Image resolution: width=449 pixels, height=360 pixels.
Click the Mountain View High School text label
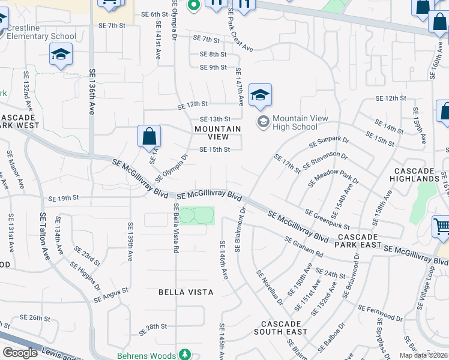[300, 122]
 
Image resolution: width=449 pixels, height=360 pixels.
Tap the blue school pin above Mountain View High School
[260, 95]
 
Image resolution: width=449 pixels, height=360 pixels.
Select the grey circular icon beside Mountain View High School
[263, 122]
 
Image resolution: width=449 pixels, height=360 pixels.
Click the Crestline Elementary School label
[41, 32]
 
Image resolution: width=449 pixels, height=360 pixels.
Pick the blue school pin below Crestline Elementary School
[61, 55]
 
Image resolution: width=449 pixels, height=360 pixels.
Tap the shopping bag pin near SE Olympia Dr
[149, 136]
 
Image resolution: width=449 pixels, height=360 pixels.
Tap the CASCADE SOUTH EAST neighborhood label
[280, 328]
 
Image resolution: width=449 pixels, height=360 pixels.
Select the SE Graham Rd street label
[304, 247]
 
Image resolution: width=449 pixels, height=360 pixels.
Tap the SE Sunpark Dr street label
[328, 142]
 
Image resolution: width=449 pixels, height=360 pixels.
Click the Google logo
[20, 353]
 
